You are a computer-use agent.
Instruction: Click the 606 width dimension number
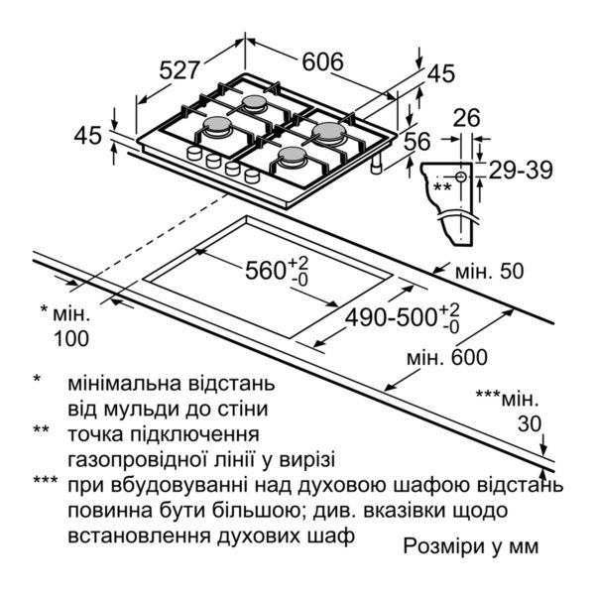(x=322, y=61)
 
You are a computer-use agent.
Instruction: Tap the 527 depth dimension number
(x=180, y=71)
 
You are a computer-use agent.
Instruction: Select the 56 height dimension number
(x=417, y=142)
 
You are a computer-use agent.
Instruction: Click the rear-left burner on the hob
(x=255, y=103)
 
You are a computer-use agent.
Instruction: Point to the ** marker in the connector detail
(x=442, y=186)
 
